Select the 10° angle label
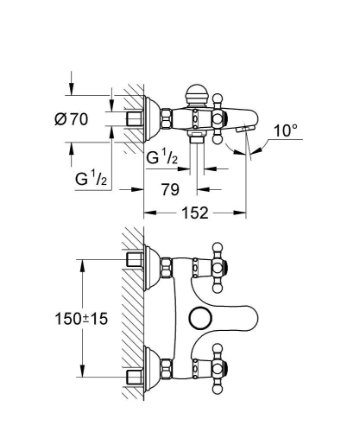pos(286,130)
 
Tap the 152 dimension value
pos(196,213)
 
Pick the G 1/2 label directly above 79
pos(162,159)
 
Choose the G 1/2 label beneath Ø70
pos(91,179)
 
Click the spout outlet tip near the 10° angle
pos(249,129)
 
